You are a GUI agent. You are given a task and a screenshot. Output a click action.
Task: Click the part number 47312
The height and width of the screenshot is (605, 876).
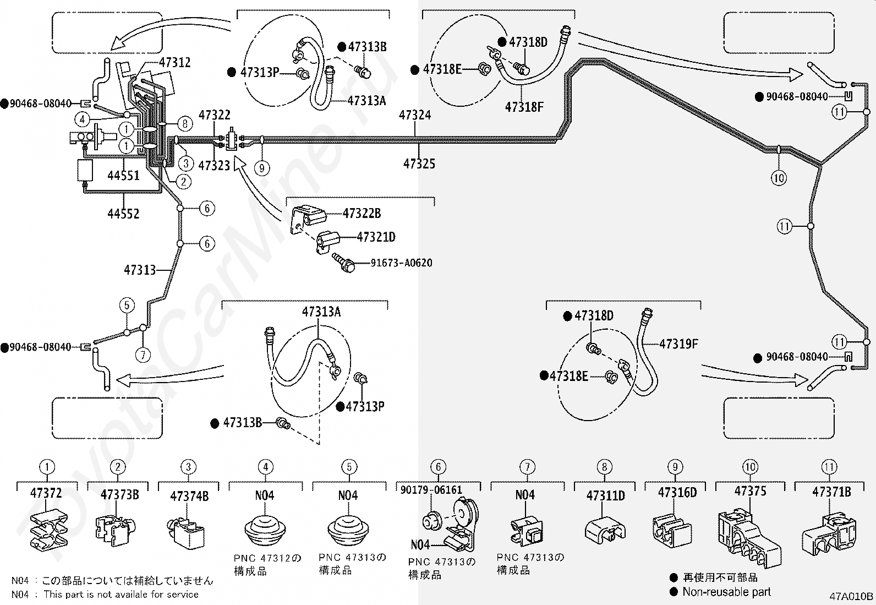[x=175, y=63]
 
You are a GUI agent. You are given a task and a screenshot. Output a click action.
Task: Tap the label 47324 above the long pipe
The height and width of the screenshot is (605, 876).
[x=415, y=115]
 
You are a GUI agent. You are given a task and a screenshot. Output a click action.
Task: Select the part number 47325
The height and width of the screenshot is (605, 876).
[x=419, y=163]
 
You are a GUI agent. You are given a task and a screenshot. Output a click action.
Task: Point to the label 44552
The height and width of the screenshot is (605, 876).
[x=123, y=214]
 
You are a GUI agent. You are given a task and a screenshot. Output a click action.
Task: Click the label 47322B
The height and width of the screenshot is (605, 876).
[x=362, y=213]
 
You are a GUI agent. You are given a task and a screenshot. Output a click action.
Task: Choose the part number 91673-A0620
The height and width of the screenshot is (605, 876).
[x=402, y=263]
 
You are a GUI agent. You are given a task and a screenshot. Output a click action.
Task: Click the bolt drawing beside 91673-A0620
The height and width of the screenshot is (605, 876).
[x=343, y=263]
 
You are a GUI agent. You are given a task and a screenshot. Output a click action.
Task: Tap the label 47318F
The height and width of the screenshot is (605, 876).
[x=524, y=107]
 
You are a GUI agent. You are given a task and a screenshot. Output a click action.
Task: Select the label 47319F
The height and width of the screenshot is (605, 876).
[x=678, y=344]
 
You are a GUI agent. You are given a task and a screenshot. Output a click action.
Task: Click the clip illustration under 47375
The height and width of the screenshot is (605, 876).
[x=749, y=538]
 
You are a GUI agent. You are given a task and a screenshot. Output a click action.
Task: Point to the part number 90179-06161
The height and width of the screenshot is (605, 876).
[x=431, y=490]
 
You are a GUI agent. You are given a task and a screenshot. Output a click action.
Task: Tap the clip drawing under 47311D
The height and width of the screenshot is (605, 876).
[x=605, y=531]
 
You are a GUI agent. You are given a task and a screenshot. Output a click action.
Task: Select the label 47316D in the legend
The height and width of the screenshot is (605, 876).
[x=677, y=492]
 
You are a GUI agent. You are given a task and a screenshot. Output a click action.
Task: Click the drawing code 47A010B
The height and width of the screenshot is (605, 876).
[x=851, y=596]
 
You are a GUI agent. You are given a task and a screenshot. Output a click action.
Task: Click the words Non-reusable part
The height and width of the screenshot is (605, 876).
[x=727, y=592]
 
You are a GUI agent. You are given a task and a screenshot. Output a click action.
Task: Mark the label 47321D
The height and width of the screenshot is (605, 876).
[x=376, y=237]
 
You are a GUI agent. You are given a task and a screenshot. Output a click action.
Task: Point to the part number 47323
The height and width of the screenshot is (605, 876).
[x=214, y=166]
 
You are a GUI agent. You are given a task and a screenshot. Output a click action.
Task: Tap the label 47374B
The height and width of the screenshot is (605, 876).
[x=189, y=496]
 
